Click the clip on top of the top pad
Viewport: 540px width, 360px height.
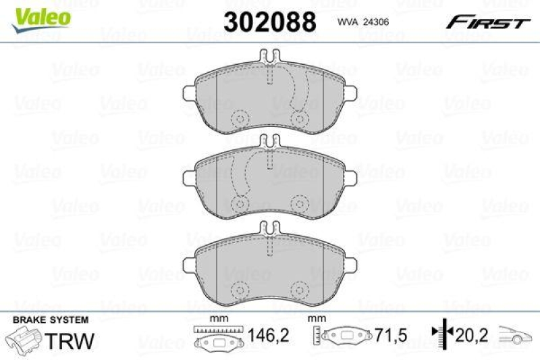268,59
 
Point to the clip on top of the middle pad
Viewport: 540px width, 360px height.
268,142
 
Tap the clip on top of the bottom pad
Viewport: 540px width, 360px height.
268,228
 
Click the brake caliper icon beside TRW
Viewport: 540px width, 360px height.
26,337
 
